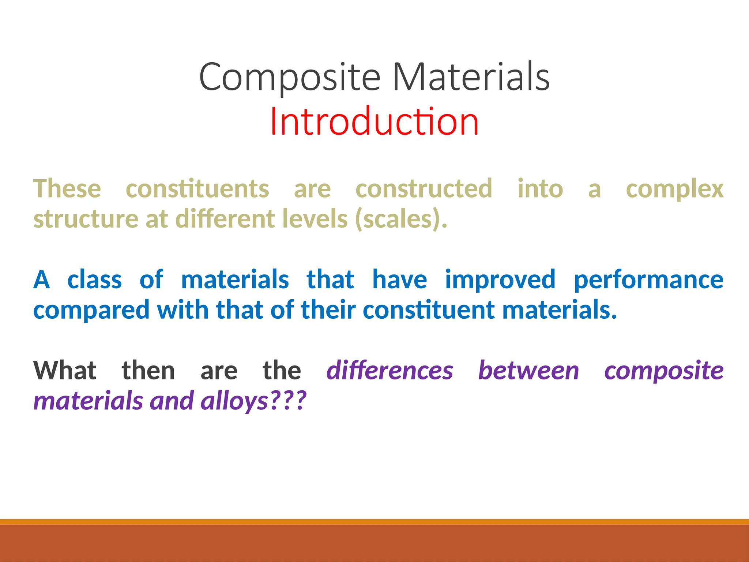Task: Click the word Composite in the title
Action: (x=290, y=77)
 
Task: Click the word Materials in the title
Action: (x=471, y=77)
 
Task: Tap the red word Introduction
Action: (x=374, y=121)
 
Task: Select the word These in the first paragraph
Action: (x=67, y=189)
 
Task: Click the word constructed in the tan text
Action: (x=424, y=189)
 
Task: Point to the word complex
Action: (x=674, y=189)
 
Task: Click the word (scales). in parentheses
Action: (x=401, y=219)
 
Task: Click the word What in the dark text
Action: (x=65, y=371)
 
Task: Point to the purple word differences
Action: (x=389, y=371)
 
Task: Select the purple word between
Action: (x=528, y=371)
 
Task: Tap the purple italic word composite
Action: (x=663, y=371)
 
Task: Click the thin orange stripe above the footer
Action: (x=374, y=522)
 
